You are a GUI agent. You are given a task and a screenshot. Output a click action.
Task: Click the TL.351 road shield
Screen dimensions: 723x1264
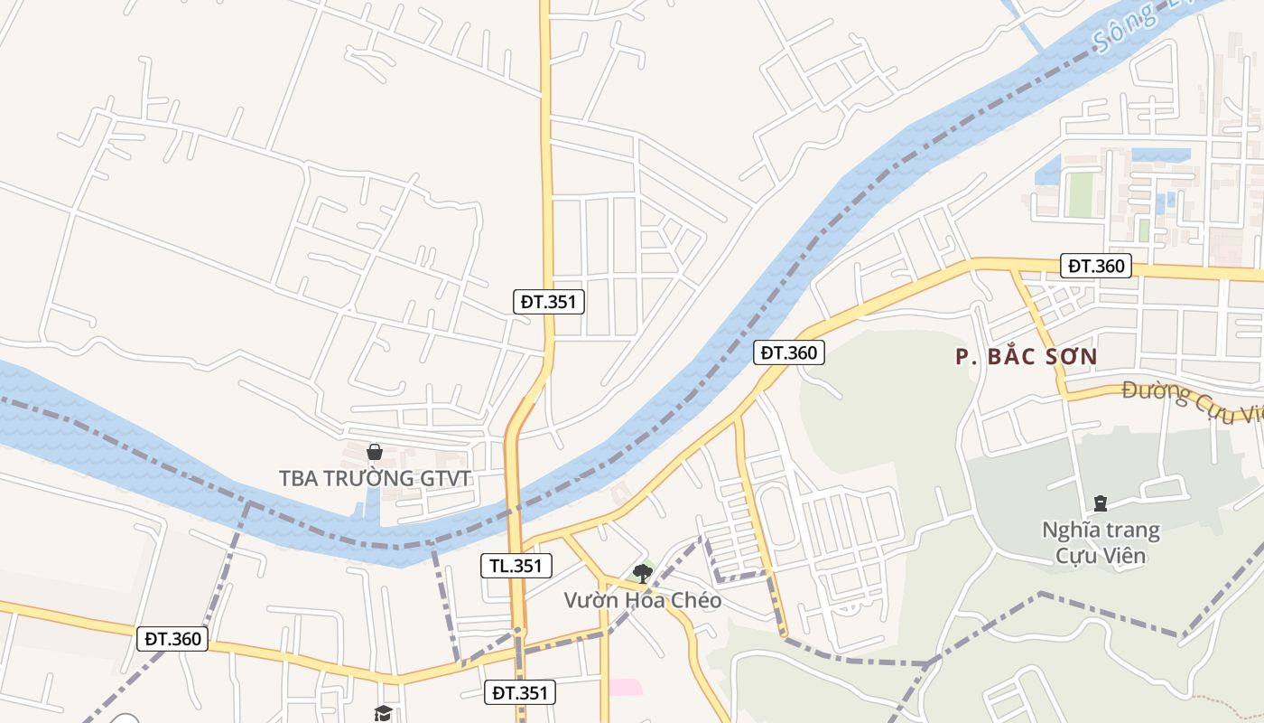click(x=516, y=567)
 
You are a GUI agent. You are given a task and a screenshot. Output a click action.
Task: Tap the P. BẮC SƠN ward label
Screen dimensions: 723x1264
click(x=1027, y=357)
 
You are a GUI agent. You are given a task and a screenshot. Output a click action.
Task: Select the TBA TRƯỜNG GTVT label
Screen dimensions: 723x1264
click(x=375, y=478)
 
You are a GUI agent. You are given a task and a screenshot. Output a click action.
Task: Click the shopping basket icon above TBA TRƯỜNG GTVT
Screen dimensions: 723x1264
click(x=375, y=451)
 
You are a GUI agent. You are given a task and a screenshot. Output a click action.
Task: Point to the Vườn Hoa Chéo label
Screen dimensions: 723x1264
click(x=642, y=600)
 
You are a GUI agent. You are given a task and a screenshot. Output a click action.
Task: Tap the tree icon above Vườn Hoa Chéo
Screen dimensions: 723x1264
click(x=642, y=572)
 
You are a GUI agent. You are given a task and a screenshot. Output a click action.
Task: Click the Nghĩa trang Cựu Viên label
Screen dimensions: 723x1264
click(x=1101, y=542)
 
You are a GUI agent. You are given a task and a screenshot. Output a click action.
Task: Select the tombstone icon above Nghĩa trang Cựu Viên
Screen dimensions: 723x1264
click(x=1100, y=502)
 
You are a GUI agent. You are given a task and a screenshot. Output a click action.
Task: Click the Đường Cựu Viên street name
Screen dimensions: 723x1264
click(x=1192, y=401)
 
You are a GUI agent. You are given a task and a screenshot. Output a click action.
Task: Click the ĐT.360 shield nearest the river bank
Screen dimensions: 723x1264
click(x=790, y=352)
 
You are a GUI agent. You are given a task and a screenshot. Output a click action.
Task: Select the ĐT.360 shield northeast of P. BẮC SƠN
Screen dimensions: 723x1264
click(x=1097, y=266)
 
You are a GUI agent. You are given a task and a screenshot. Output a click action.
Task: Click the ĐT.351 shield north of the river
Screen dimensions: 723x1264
click(x=549, y=302)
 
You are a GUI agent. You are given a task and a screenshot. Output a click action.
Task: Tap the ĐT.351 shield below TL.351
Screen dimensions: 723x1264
click(x=519, y=693)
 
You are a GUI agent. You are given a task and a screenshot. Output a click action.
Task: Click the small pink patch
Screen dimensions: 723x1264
click(x=625, y=687)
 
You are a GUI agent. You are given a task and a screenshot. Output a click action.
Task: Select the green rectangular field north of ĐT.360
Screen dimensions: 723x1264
click(x=1080, y=194)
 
